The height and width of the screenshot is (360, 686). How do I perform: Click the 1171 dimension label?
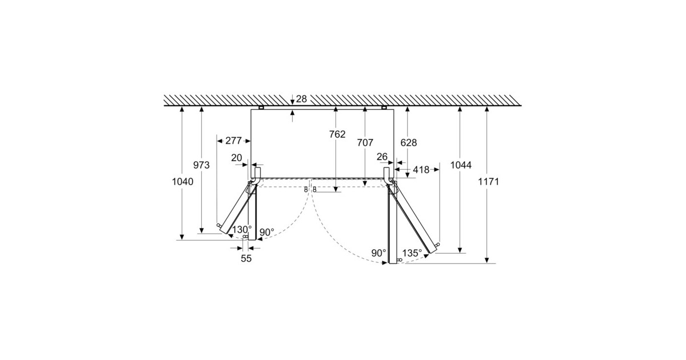(x=489, y=182)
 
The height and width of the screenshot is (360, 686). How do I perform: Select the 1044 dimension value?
(x=461, y=165)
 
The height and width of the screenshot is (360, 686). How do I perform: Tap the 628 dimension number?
(x=409, y=143)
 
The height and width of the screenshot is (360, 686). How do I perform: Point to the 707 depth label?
(x=365, y=143)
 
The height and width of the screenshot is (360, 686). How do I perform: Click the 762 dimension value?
(x=337, y=134)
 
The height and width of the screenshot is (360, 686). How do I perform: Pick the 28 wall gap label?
(x=301, y=99)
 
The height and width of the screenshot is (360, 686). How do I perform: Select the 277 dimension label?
(x=233, y=141)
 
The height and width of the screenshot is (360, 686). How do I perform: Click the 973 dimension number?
(x=201, y=165)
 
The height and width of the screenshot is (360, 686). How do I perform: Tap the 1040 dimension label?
(x=182, y=182)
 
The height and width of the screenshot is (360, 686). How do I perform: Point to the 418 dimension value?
(x=421, y=170)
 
